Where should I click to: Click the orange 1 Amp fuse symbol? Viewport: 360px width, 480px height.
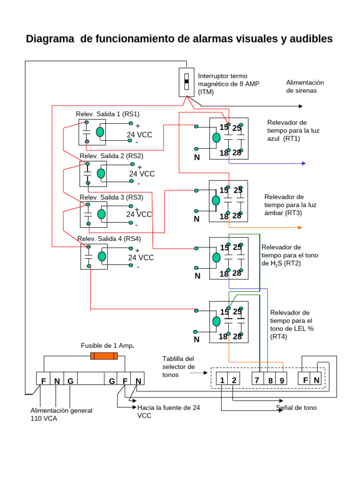coord(104,356)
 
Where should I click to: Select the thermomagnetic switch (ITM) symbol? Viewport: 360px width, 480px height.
coord(186,82)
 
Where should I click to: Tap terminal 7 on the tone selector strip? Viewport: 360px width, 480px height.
coord(256,380)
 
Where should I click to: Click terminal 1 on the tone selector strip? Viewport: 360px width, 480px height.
coord(222,380)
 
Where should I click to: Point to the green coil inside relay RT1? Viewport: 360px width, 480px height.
coord(216,138)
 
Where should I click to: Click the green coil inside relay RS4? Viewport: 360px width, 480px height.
coord(102,256)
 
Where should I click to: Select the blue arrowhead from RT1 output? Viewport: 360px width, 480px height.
coord(303,163)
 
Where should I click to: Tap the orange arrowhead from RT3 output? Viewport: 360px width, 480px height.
coord(300,227)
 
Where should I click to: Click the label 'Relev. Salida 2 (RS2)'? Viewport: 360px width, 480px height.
coord(111,156)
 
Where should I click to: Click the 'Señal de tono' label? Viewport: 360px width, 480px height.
coord(296,408)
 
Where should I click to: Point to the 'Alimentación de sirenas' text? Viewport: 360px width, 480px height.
coord(305,86)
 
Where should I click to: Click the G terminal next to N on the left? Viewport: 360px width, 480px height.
coord(70,381)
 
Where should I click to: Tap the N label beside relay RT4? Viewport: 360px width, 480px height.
coord(196,339)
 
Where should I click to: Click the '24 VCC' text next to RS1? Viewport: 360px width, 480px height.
coord(139,135)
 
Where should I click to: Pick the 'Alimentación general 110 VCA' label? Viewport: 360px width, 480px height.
coord(61,414)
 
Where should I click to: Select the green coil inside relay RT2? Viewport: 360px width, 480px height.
coord(216,257)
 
